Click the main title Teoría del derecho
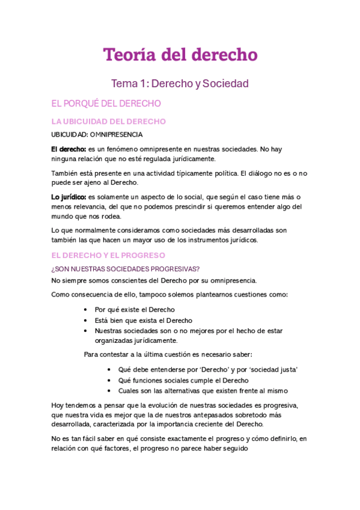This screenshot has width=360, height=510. tap(180, 55)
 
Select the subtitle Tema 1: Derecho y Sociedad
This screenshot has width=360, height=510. tap(180, 84)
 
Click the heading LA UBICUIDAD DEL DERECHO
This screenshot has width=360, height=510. tap(109, 121)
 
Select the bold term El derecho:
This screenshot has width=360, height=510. tap(68, 149)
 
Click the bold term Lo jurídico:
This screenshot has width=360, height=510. tap(69, 197)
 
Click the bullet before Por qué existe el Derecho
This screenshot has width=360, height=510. tap(88, 310)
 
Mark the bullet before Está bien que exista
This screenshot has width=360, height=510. tap(88, 321)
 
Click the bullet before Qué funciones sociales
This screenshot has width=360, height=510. tap(109, 381)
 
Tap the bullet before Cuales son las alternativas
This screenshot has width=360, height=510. tap(109, 391)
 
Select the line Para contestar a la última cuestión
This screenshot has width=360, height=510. tap(168, 354)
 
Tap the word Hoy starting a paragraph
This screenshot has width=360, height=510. tap(58, 405)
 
